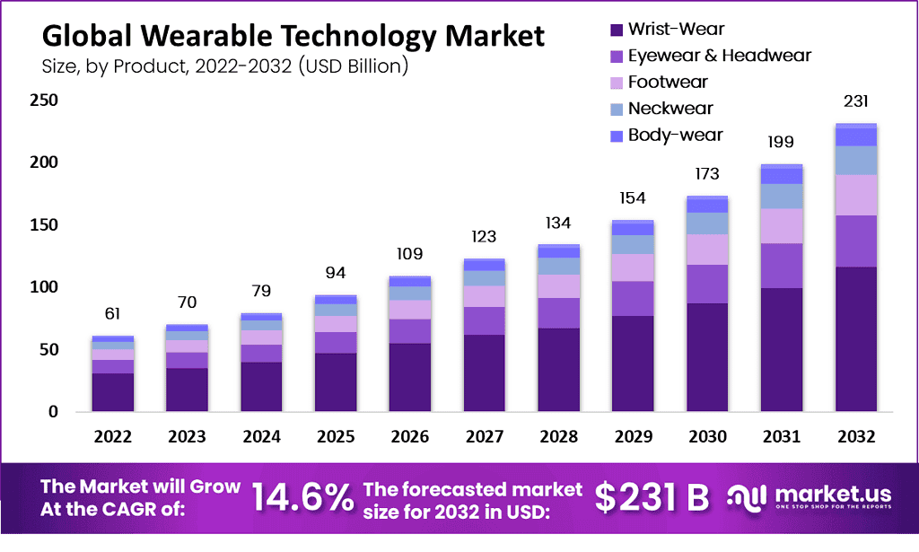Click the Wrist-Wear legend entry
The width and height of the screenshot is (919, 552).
click(x=676, y=29)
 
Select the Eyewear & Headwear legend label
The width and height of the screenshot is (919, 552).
click(x=719, y=56)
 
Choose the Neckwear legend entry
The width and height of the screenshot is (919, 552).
click(x=670, y=109)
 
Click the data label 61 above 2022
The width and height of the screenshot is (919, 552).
click(x=112, y=313)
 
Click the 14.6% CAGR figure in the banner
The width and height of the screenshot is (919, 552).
click(x=302, y=499)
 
